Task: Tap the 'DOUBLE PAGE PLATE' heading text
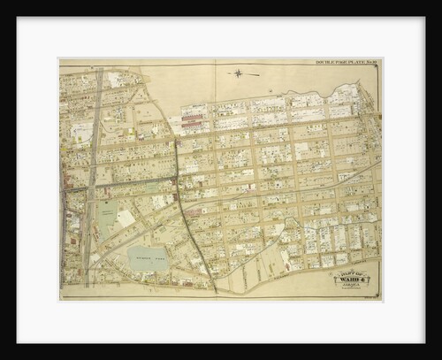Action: coord(339,62)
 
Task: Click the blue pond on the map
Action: coord(147,257)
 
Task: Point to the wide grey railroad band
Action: coord(91,177)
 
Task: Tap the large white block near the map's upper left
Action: coord(80,133)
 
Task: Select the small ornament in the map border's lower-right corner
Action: coord(379,298)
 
